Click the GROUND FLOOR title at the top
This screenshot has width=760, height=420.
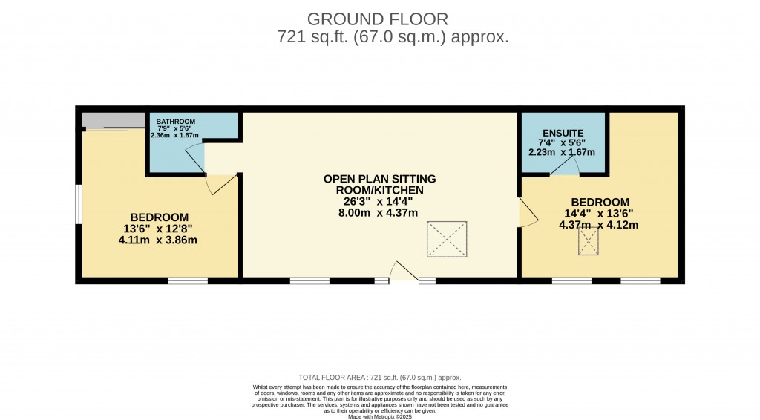tap(379, 19)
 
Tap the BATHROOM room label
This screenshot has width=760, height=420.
tap(175, 122)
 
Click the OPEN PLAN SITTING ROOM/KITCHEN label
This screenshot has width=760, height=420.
tap(379, 185)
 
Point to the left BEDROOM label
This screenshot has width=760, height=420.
tap(160, 217)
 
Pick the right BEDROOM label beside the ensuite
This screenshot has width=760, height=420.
tap(600, 202)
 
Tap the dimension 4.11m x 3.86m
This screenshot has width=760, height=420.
tap(160, 240)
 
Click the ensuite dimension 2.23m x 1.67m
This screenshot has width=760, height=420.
tap(563, 152)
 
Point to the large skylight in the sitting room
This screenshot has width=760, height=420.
tap(446, 239)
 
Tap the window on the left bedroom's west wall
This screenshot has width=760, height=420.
tap(78, 203)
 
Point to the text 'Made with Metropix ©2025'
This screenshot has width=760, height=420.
tap(380, 416)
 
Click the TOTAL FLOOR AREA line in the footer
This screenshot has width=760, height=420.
tap(379, 377)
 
